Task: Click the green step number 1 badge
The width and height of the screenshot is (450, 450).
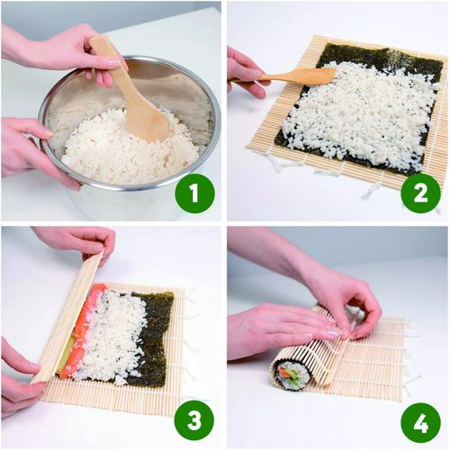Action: click(194, 193)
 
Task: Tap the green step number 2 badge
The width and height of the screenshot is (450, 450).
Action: click(420, 193)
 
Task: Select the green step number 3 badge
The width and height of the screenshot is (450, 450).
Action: click(194, 419)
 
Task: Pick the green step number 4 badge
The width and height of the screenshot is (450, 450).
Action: click(420, 419)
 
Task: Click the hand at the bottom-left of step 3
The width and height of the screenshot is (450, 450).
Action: click(18, 378)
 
